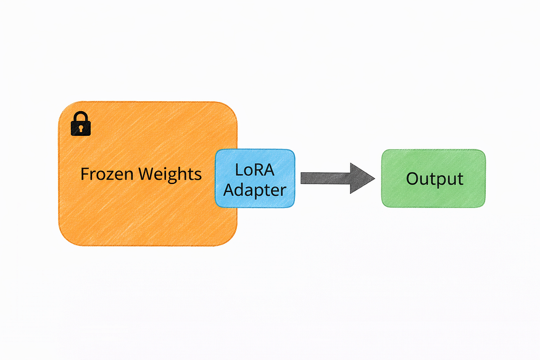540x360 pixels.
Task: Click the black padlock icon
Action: pos(81,124)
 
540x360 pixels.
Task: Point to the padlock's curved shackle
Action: pos(81,117)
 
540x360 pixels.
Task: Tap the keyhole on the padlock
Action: pos(81,128)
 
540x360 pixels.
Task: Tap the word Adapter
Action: pos(255,190)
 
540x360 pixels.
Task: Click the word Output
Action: pos(434,179)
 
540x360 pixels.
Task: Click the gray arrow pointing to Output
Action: pos(336,178)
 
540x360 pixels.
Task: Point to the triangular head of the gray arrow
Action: pos(362,178)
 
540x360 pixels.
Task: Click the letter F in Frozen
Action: pos(85,175)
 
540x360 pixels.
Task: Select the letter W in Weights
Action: pos(146,175)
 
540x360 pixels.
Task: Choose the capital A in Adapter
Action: pos(229,190)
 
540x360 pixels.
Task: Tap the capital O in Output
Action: pos(412,179)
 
